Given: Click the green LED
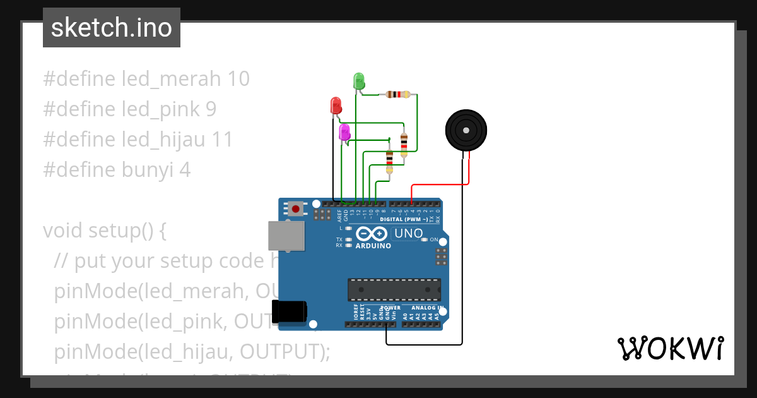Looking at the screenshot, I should pos(358,81).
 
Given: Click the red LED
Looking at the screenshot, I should pos(336,106).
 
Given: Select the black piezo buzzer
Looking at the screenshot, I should pos(466,130).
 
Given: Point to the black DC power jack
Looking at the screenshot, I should pos(289,312).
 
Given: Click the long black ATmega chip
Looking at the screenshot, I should pos(394,289).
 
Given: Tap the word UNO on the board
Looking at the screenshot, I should pos(408,234).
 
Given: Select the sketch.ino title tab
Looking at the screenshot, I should pos(112,28).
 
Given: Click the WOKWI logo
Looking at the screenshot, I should pos(670,348).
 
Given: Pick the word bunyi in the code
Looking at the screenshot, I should pos(146,170).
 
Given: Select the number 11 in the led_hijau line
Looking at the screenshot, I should pos(221,140).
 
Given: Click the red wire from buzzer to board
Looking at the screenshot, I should pos(440,184).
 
